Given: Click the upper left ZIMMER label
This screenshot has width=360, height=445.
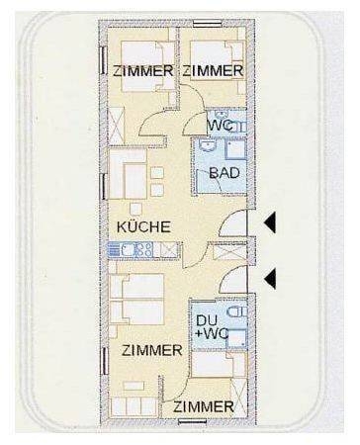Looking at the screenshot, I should (x=143, y=71).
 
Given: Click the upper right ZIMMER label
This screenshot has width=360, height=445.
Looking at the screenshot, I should (x=213, y=71).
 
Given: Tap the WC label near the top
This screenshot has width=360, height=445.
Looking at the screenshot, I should (x=220, y=126).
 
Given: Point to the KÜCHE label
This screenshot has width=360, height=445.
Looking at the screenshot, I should (x=143, y=227).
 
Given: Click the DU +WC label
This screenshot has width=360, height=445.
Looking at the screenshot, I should (x=212, y=327).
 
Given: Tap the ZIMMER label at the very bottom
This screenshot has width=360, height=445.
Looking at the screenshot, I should (x=204, y=407).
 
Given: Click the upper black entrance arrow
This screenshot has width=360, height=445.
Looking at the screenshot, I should (x=269, y=225).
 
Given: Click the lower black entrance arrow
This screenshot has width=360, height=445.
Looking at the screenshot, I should (x=269, y=280).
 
